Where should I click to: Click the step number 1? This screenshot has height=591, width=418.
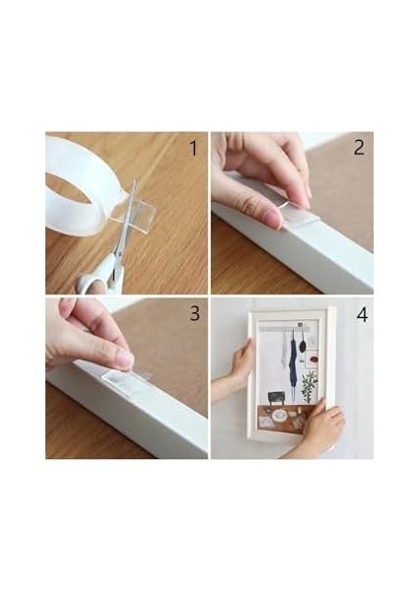click(x=193, y=148)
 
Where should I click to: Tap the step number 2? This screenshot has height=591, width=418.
click(x=359, y=148)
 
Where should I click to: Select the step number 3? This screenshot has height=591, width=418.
click(x=194, y=313)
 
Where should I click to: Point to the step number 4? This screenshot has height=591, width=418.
click(x=362, y=315)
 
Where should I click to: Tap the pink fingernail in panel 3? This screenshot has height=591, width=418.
click(x=126, y=359)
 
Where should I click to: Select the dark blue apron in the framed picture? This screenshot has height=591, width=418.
click(x=293, y=361)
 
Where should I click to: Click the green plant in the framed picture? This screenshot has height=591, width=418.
click(x=310, y=385)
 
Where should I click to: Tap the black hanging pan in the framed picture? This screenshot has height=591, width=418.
click(x=302, y=344)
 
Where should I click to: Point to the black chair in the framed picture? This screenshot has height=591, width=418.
click(x=276, y=397)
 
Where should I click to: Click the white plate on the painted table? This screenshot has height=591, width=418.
click(x=279, y=415)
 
